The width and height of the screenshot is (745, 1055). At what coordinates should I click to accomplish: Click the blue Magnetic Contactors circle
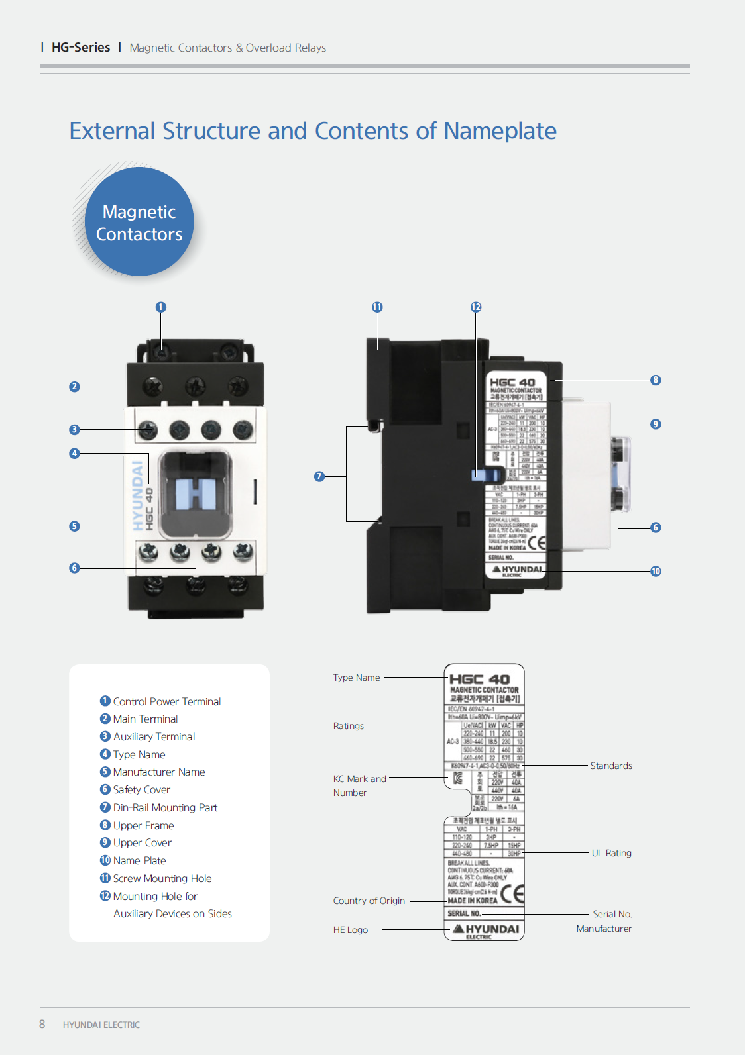click(139, 222)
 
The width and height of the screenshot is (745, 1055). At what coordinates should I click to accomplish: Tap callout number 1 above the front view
click(161, 307)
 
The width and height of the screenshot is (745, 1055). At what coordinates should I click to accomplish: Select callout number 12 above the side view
click(476, 307)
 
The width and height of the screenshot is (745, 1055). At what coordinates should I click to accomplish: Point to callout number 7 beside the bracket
click(319, 476)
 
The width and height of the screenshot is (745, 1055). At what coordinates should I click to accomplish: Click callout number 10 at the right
click(656, 571)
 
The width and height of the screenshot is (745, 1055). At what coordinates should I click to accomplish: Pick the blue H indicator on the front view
click(196, 494)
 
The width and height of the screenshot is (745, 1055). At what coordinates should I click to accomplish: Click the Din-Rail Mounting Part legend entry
click(164, 807)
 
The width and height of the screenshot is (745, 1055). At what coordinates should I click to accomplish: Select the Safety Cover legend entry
click(141, 789)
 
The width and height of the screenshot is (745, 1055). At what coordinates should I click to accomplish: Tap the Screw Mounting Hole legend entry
click(162, 878)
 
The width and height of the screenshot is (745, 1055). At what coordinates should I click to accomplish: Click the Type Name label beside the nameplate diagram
click(357, 678)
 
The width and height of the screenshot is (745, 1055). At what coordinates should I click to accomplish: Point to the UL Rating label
click(611, 853)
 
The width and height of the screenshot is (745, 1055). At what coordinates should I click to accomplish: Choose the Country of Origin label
click(369, 901)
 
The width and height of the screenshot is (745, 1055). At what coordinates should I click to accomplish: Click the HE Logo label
click(351, 930)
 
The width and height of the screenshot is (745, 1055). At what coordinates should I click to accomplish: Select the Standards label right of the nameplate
click(611, 766)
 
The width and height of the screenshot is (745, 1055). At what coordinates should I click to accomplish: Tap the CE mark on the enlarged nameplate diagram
click(512, 894)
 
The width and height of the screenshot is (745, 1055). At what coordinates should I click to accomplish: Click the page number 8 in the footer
click(42, 1024)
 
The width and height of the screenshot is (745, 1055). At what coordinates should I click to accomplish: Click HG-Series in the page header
click(81, 48)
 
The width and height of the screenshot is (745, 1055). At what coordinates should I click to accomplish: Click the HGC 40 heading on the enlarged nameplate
click(479, 679)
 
